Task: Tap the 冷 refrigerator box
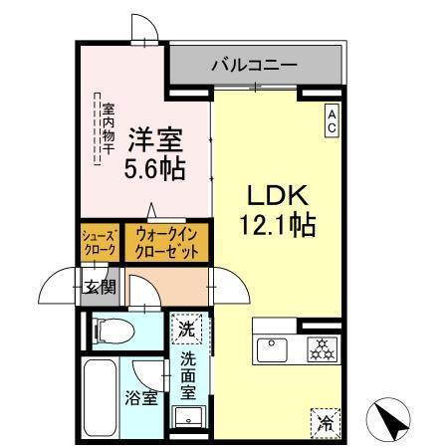[x=325, y=422]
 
